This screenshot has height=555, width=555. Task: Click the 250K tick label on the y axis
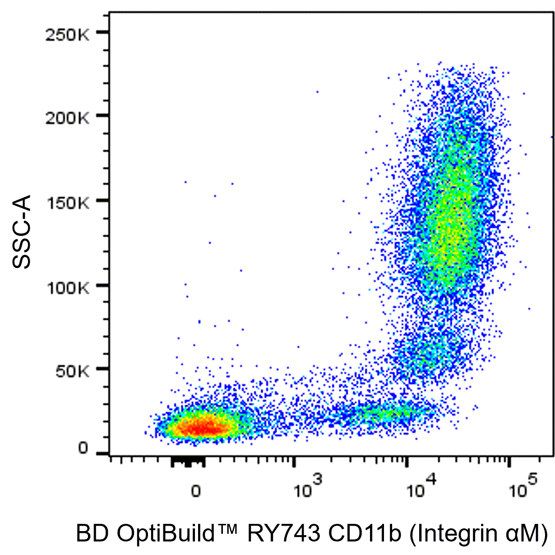coord(67,35)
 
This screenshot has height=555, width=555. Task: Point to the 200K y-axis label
coord(67,119)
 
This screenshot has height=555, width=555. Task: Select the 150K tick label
coord(68,203)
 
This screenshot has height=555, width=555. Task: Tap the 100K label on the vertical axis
coord(68,287)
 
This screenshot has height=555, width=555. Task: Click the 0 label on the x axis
coord(196,491)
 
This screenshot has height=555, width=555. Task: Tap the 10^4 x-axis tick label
coord(421,489)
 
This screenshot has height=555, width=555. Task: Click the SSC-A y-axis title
coord(22,231)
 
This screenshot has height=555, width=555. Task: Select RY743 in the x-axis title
coord(283,534)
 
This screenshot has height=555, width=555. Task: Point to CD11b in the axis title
coord(364,534)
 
